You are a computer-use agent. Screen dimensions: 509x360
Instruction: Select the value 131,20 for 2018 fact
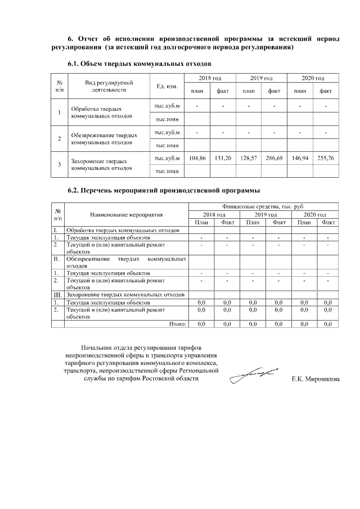pos(223,159)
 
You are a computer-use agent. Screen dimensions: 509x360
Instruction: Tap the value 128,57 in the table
pos(249,159)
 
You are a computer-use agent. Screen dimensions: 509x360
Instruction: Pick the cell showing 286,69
pos(274,159)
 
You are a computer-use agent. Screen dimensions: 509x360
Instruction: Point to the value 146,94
pos(300,159)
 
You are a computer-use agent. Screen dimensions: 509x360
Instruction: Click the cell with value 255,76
pos(325,159)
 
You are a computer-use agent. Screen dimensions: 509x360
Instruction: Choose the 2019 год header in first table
pos(261,78)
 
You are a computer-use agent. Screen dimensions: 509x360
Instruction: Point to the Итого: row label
pos(177,324)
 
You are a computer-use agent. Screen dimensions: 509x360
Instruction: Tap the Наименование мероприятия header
pos(126,214)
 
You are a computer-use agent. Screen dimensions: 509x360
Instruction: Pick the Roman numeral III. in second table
pos(57,294)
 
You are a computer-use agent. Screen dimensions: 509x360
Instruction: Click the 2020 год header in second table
pos(314,214)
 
